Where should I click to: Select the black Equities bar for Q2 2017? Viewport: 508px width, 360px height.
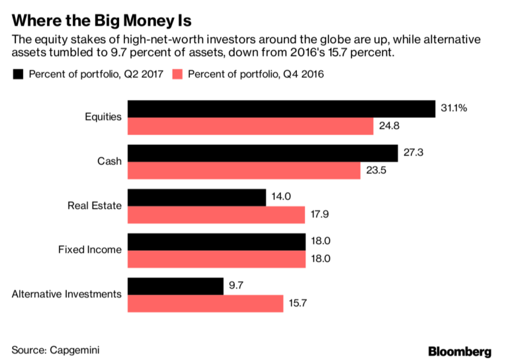point(281,109)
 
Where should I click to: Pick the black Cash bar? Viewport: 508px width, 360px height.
point(262,153)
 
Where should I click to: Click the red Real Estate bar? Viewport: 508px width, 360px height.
point(216,215)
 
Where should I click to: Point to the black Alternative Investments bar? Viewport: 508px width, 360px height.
point(175,286)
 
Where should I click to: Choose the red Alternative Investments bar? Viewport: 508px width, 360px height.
point(205,304)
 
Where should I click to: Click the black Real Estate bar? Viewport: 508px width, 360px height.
point(196,197)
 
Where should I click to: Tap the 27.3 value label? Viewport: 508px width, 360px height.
point(413,153)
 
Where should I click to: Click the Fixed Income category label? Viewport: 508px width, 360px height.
point(90,249)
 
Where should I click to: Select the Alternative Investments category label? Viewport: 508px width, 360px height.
point(67,294)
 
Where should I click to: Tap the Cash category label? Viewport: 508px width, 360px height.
point(110,161)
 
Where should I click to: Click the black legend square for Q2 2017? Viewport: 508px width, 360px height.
point(18,74)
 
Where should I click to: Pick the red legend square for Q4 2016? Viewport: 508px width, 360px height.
point(175,74)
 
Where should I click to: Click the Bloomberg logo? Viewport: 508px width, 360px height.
point(460,350)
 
